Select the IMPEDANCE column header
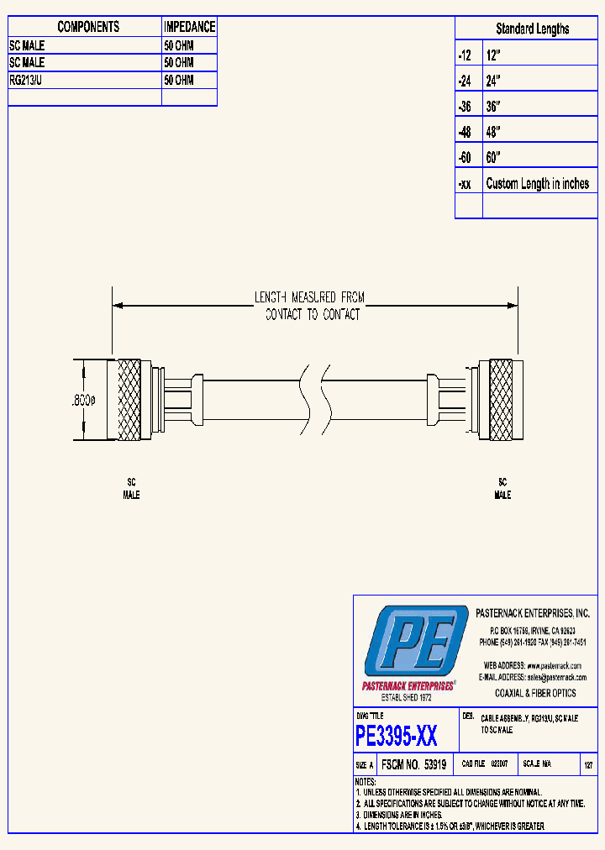click(189, 27)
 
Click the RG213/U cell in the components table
click(31, 80)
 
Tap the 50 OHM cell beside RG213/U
click(178, 80)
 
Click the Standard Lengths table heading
click(532, 29)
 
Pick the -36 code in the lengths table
click(465, 107)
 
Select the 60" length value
click(493, 158)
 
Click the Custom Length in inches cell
click(537, 184)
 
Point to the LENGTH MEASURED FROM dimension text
click(310, 297)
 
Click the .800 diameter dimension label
click(82, 401)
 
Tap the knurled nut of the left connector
click(129, 400)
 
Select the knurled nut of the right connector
click(500, 400)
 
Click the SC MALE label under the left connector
click(131, 489)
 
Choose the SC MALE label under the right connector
click(502, 489)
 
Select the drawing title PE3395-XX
click(396, 737)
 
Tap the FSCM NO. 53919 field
click(413, 765)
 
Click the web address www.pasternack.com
click(555, 665)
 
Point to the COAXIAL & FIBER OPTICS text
click(534, 693)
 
